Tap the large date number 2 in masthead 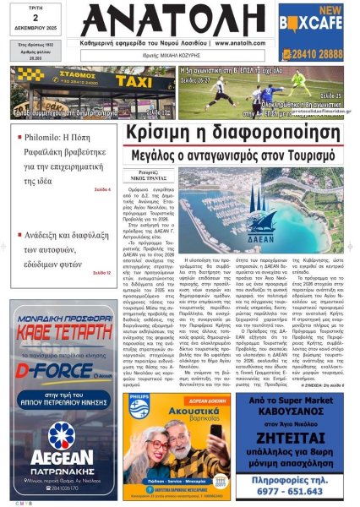pyautogui.click(x=33, y=27)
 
